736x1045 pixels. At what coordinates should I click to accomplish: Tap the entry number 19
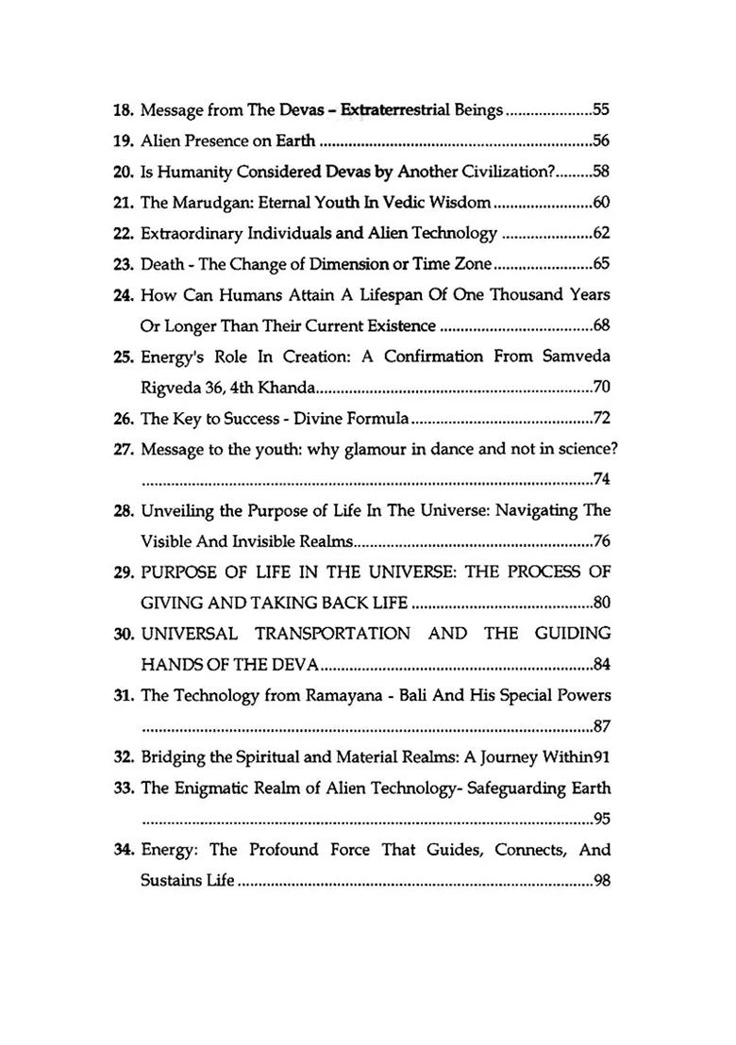tap(124, 141)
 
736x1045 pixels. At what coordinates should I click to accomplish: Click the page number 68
tap(601, 326)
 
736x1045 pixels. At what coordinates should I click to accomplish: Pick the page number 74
tap(601, 479)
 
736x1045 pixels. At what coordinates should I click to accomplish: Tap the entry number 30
tap(124, 633)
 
